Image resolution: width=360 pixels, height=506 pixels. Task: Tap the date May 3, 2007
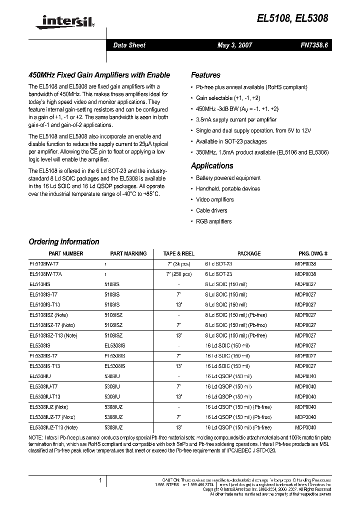[235, 45]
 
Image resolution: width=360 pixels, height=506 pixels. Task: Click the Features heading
[205, 75]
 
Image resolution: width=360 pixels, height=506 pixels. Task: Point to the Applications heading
[212, 165]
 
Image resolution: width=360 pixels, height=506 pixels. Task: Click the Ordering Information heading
[64, 241]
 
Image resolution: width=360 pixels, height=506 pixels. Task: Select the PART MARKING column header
[128, 253]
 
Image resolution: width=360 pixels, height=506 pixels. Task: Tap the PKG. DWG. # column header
[313, 253]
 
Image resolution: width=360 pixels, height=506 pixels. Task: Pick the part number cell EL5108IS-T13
[45, 304]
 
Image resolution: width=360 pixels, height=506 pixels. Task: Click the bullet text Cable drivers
[211, 210]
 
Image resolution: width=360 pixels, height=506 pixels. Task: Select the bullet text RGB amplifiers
[214, 221]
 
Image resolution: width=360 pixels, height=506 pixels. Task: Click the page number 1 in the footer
[100, 480]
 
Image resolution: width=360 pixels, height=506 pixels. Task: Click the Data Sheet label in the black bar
[129, 45]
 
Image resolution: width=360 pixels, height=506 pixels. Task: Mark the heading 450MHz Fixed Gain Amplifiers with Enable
[99, 75]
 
